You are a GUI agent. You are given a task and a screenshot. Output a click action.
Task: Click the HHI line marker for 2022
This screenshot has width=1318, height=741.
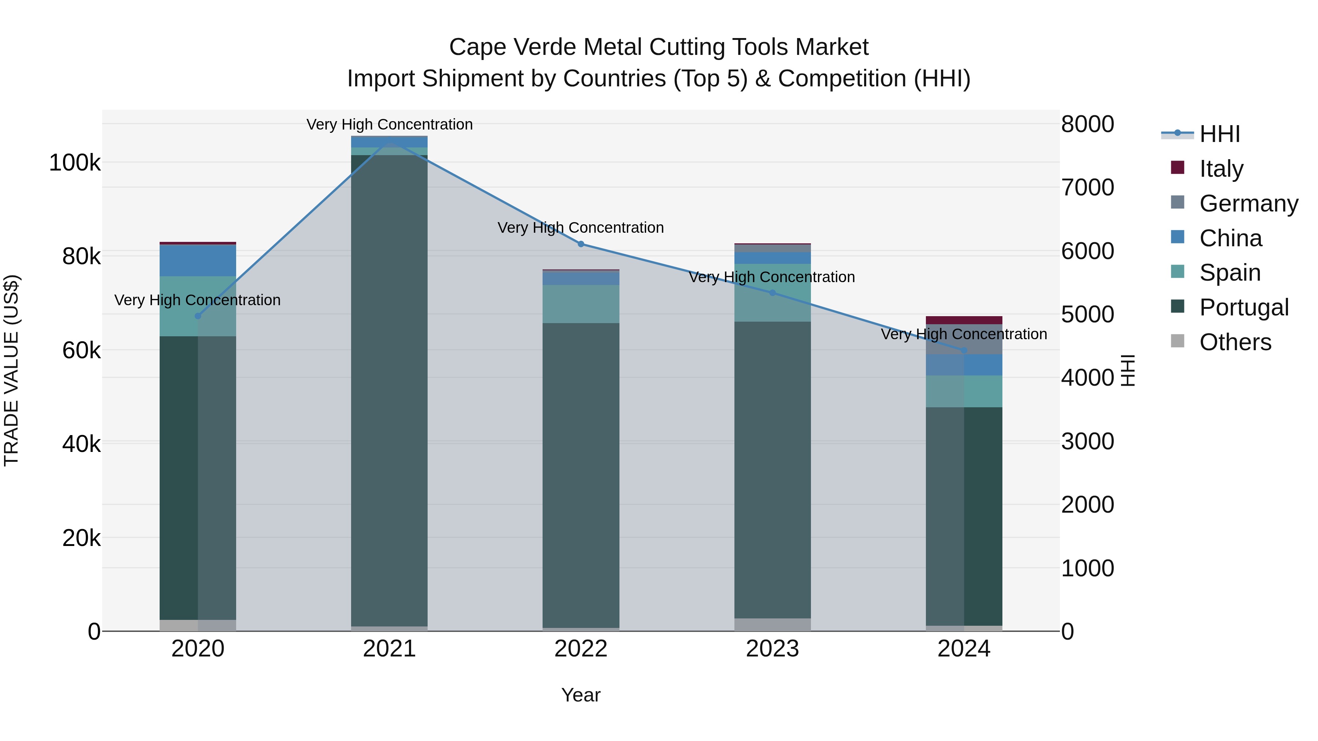(x=581, y=244)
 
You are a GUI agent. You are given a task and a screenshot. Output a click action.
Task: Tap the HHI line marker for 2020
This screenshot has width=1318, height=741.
(x=198, y=316)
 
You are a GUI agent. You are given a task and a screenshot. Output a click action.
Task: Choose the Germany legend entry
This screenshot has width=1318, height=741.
(x=1248, y=203)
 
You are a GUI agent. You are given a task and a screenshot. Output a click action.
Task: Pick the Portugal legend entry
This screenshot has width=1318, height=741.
(x=1243, y=307)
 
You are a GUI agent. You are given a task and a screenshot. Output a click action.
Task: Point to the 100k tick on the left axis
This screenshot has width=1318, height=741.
(x=75, y=163)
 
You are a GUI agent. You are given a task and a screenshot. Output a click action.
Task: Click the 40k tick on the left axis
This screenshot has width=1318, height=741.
(x=81, y=444)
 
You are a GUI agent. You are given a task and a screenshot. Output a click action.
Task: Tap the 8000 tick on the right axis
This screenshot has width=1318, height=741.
(x=1087, y=124)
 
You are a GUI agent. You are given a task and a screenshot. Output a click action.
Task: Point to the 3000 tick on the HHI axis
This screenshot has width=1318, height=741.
(x=1087, y=441)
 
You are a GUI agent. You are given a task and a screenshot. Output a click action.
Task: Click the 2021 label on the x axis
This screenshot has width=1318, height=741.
(x=390, y=649)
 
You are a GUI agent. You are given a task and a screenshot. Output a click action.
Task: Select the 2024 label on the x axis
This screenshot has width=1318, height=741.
(x=964, y=649)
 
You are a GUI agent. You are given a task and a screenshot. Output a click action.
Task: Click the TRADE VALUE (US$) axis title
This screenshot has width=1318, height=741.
(x=11, y=370)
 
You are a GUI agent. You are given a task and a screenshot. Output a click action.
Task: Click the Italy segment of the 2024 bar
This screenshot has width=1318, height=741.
(x=964, y=320)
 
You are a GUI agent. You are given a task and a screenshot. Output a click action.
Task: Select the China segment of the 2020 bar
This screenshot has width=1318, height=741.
(x=198, y=261)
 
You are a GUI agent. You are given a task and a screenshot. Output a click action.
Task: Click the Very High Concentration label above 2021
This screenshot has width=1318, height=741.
(x=390, y=124)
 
